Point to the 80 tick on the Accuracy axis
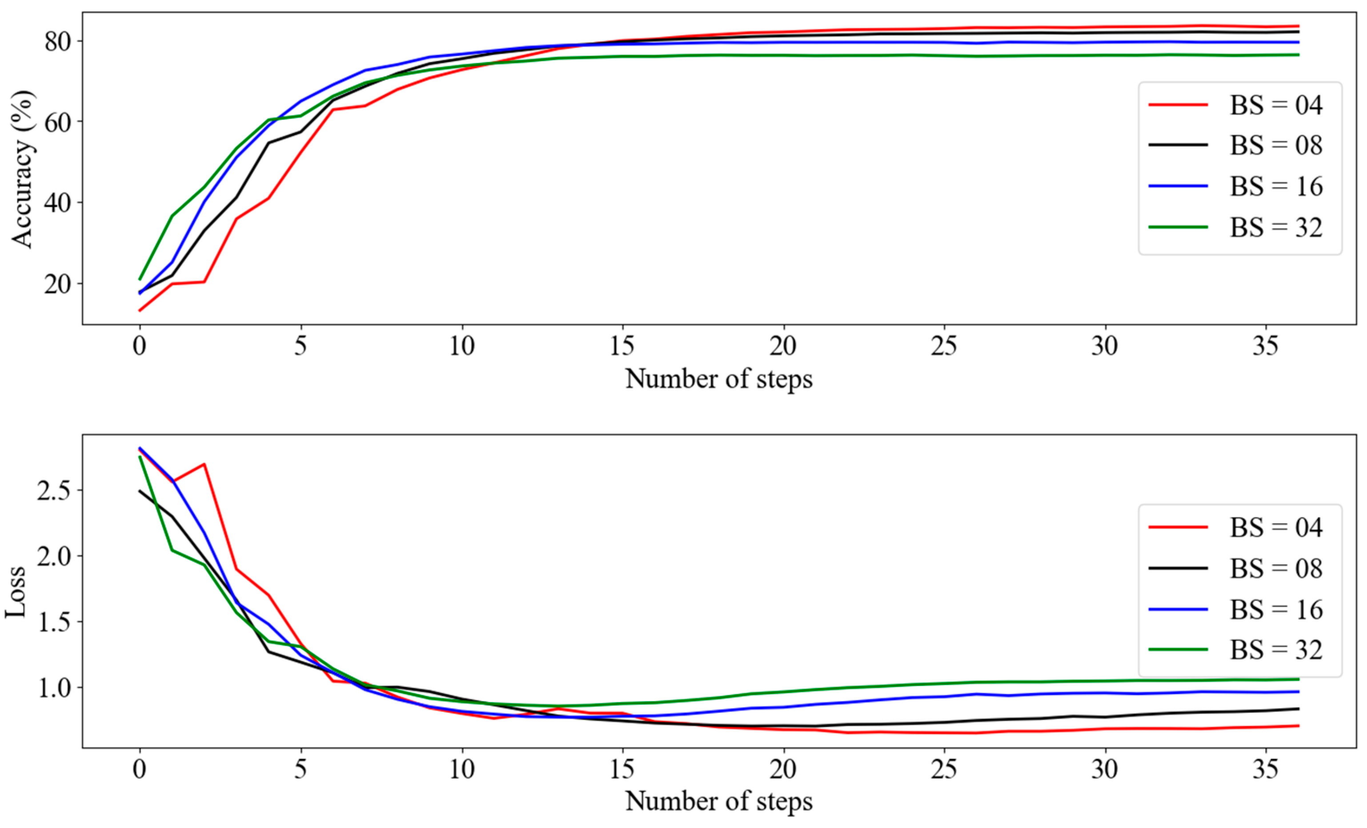(x=58, y=41)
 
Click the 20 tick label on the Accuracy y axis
(x=58, y=284)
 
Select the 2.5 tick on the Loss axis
(x=54, y=490)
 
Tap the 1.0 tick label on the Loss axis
(x=54, y=688)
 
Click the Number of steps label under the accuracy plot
(x=718, y=379)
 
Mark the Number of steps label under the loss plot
(x=718, y=801)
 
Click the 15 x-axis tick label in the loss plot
(x=622, y=768)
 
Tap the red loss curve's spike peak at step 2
(x=204, y=464)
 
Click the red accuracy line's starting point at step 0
(x=140, y=310)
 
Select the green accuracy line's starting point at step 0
(x=140, y=279)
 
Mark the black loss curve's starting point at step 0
(x=140, y=491)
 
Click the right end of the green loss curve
(x=1298, y=679)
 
